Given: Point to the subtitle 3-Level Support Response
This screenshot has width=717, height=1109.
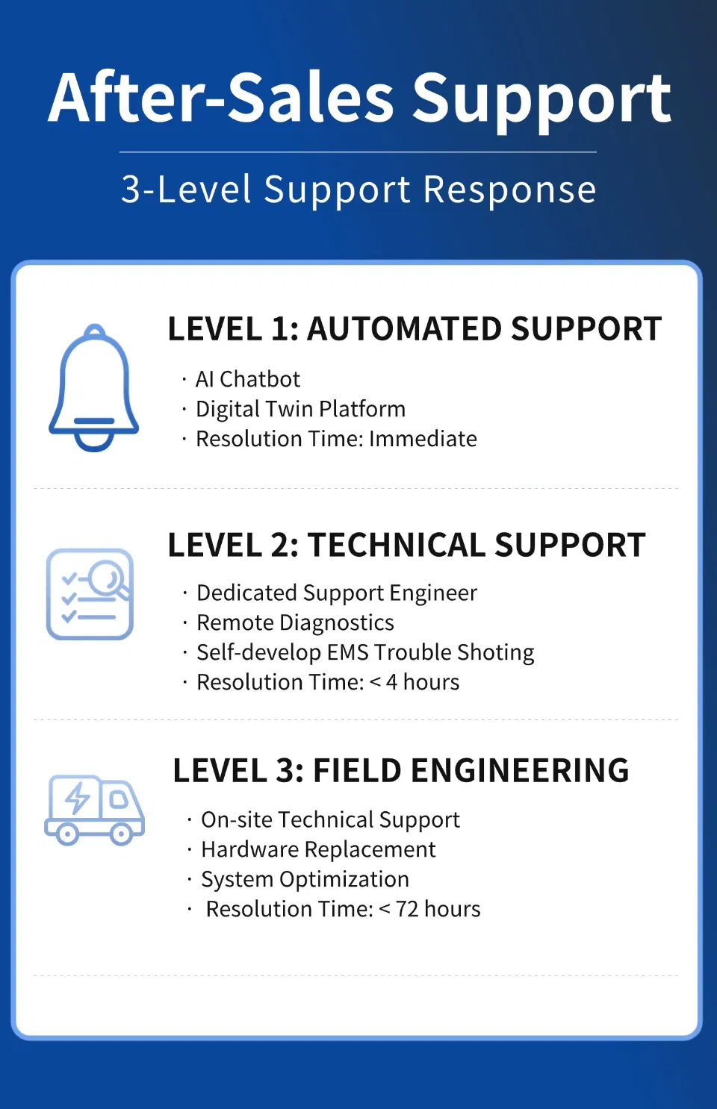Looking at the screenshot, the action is pyautogui.click(x=358, y=190).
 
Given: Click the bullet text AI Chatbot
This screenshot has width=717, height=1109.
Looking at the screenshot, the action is pyautogui.click(x=248, y=379).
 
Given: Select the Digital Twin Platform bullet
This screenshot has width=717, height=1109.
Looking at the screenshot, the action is pyautogui.click(x=301, y=410).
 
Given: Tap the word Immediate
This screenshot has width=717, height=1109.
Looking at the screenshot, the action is pyautogui.click(x=423, y=439).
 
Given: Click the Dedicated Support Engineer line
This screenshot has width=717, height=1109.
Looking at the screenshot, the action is pyautogui.click(x=337, y=593).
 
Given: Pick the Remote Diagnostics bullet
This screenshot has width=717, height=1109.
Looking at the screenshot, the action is pyautogui.click(x=295, y=623).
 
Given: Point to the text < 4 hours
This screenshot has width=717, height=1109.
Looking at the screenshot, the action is pyautogui.click(x=415, y=682).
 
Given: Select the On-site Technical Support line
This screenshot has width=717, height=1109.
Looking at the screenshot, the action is pyautogui.click(x=331, y=820).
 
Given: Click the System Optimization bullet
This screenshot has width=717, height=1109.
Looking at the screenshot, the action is pyautogui.click(x=305, y=880).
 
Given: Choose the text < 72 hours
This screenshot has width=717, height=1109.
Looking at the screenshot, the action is pyautogui.click(x=429, y=909).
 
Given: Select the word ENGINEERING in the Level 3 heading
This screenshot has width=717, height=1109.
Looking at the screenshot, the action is pyautogui.click(x=520, y=770).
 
